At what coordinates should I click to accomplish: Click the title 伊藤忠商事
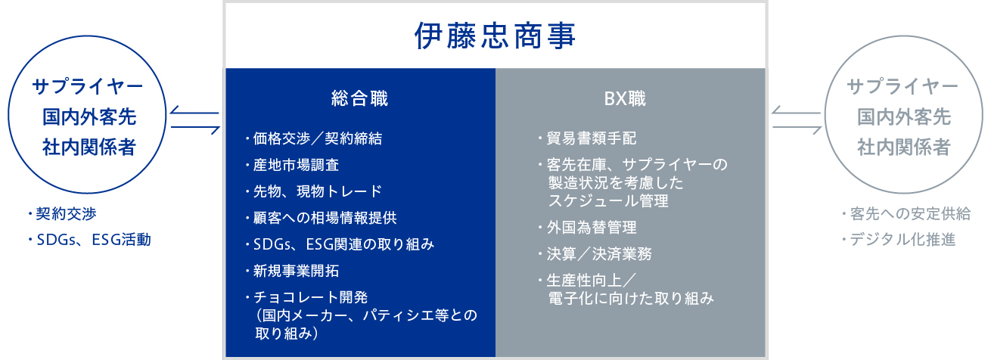(x=495, y=36)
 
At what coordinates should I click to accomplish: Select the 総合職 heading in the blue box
(x=359, y=98)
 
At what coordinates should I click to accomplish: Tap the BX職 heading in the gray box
(x=625, y=98)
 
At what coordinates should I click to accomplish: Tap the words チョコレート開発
(x=311, y=297)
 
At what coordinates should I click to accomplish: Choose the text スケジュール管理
(x=608, y=201)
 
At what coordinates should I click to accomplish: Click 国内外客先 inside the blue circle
(x=89, y=116)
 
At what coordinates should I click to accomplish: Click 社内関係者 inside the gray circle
(x=904, y=147)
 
